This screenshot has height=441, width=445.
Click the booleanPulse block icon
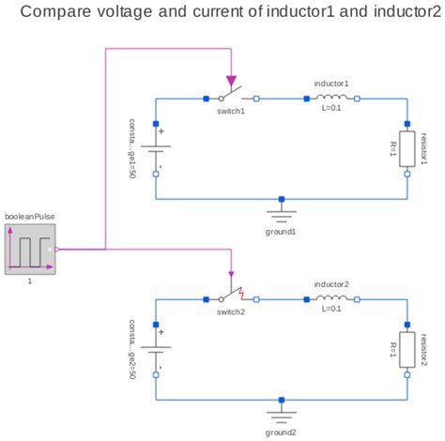[29, 249]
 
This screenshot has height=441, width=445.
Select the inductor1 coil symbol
[331, 97]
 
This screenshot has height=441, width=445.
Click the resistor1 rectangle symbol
[407, 147]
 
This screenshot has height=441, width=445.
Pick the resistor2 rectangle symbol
[407, 349]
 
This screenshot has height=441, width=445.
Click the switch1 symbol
[231, 96]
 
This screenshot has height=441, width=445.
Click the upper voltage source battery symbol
[156, 147]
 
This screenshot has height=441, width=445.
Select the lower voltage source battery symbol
[156, 349]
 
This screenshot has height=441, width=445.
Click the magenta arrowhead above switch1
[231, 83]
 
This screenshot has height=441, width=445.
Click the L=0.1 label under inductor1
[331, 109]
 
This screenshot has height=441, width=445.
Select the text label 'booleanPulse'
[29, 216]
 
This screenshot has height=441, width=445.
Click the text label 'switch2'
[230, 312]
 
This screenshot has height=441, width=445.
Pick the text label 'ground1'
[281, 231]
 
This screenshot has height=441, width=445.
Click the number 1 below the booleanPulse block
[29, 281]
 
